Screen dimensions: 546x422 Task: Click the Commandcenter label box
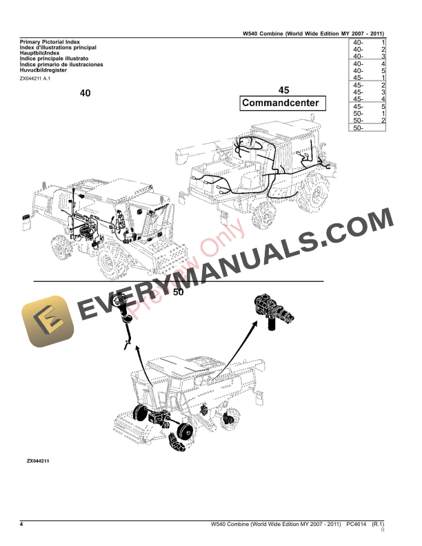(280, 103)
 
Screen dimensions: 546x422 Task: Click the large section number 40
(85, 93)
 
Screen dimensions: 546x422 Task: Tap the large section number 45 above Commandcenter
(284, 90)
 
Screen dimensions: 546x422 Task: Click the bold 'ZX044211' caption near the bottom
(39, 460)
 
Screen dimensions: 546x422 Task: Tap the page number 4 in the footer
(22, 526)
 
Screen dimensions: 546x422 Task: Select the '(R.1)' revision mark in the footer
(377, 526)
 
